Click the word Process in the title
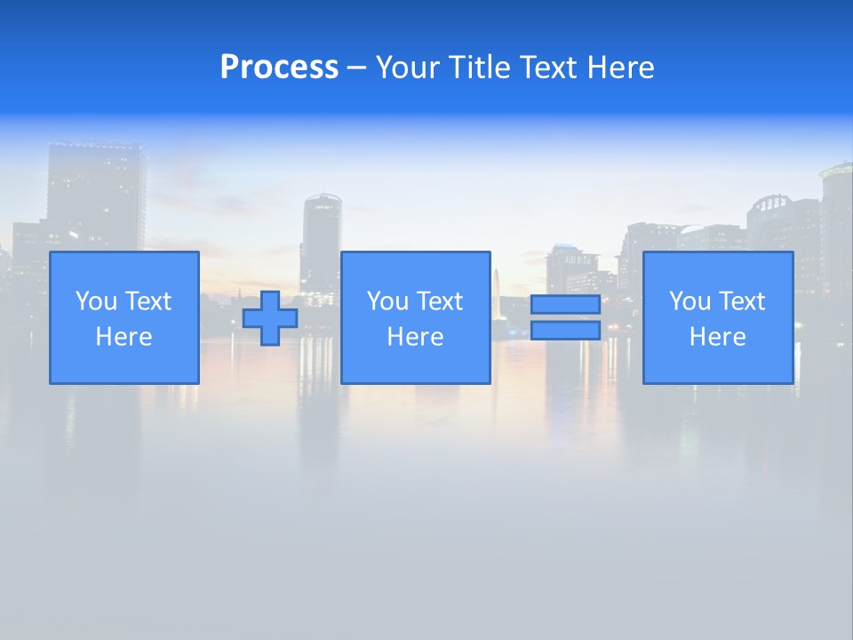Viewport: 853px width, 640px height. pos(279,68)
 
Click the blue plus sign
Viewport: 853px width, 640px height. pos(270,318)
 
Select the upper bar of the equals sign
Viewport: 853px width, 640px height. pos(565,305)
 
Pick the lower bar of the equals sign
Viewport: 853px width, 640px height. pos(565,331)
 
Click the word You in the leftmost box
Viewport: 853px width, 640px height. pos(96,301)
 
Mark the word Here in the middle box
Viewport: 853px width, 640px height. pos(415,337)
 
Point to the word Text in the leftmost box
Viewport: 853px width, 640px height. pos(148,301)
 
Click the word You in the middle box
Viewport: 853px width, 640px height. pos(387,301)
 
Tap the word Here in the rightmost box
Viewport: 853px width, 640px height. pos(717,337)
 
